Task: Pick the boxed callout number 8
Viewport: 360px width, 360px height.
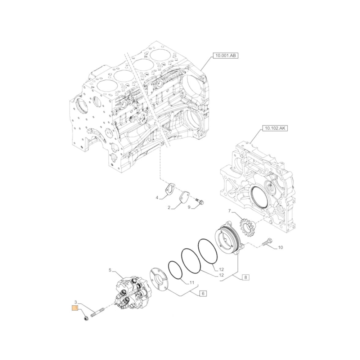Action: click(x=245, y=277)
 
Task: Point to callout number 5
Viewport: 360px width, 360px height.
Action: click(x=110, y=270)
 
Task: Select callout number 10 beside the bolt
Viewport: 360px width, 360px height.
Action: click(x=280, y=247)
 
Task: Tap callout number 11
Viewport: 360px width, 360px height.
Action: click(x=192, y=283)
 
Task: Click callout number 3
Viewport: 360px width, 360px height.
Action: click(x=76, y=302)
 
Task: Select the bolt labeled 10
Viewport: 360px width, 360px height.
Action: click(x=267, y=242)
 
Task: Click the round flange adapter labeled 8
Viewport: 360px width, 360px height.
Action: click(x=229, y=238)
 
